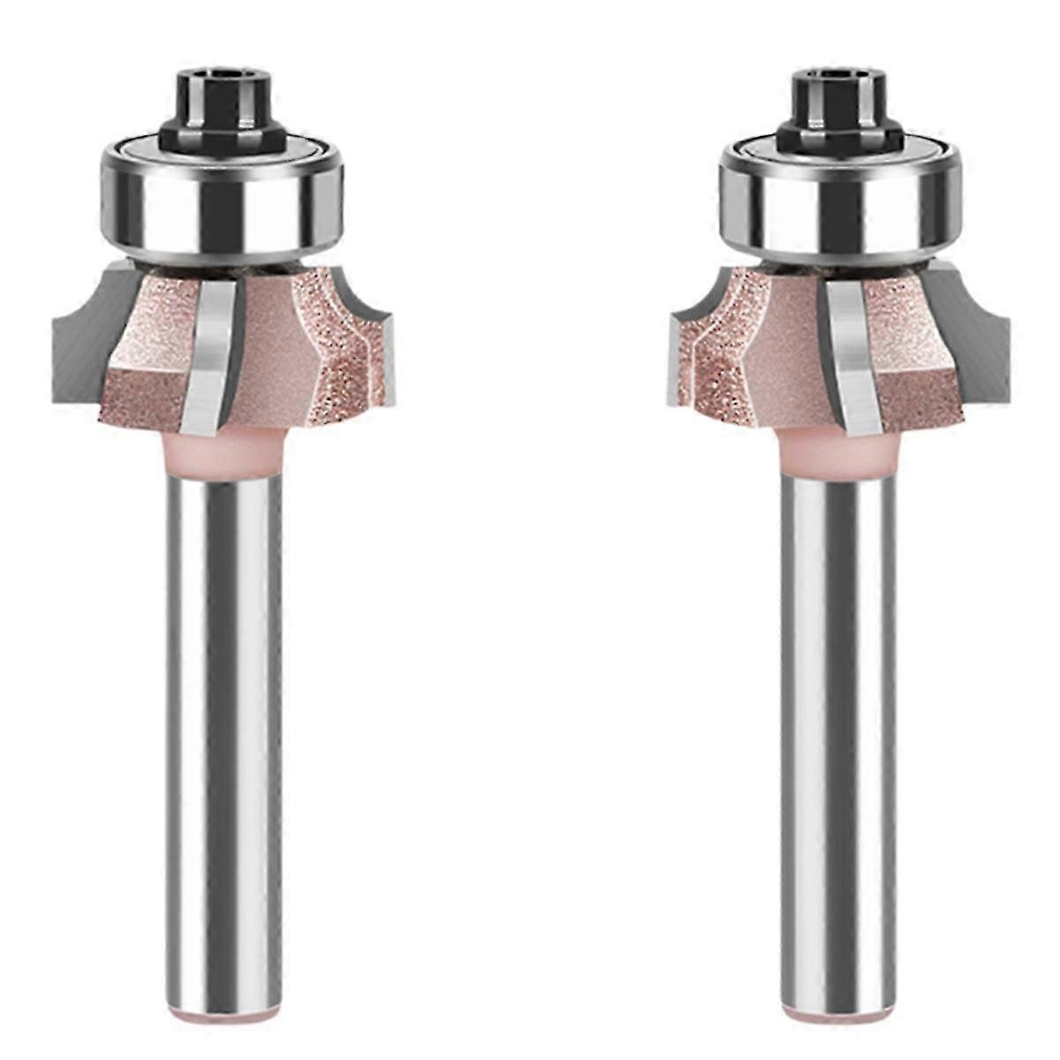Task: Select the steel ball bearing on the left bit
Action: tap(222, 199)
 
